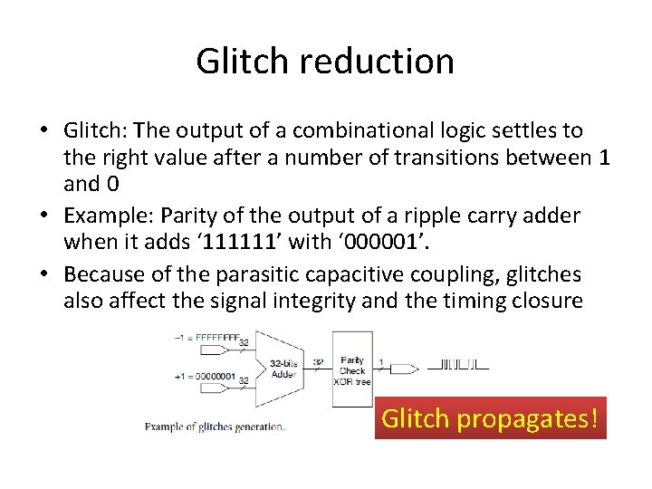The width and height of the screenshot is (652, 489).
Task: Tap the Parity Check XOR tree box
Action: [352, 369]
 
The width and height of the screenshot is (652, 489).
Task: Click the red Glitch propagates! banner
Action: [490, 418]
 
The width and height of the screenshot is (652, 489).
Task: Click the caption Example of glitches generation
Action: [215, 427]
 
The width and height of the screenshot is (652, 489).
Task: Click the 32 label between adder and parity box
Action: [319, 361]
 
